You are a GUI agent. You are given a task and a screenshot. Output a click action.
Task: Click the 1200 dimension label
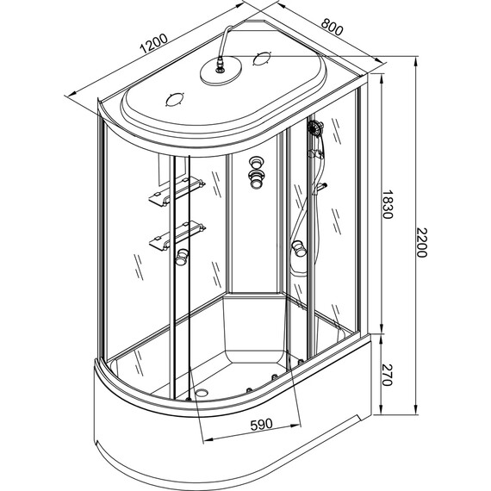coord(154,43)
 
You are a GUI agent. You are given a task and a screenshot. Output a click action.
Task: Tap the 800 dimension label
coord(333,27)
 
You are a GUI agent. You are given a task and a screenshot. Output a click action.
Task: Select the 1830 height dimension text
coord(387,204)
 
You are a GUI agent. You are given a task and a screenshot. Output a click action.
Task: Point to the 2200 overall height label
coord(421,242)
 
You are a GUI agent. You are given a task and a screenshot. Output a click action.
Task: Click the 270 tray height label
coord(387,375)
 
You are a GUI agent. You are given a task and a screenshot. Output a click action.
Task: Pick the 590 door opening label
coord(262,425)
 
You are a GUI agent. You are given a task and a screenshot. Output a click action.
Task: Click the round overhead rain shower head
coord(221,71)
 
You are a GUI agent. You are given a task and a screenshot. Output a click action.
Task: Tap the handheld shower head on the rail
coord(315,127)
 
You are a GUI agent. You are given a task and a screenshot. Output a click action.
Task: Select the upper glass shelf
coord(177,191)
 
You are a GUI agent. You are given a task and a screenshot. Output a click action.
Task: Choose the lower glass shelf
coord(177,235)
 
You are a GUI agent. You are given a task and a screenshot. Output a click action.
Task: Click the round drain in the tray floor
coord(201,393)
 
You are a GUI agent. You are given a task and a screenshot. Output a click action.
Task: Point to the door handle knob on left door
coord(182,256)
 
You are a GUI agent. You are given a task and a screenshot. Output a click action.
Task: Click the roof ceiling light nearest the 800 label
coord(262,59)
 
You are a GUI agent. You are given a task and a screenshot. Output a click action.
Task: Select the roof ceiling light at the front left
coord(174,100)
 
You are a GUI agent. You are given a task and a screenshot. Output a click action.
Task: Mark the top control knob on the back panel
coord(257,163)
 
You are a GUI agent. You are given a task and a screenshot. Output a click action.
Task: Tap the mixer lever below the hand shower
coord(320,188)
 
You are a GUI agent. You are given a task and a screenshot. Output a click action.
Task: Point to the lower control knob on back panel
coord(257,179)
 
